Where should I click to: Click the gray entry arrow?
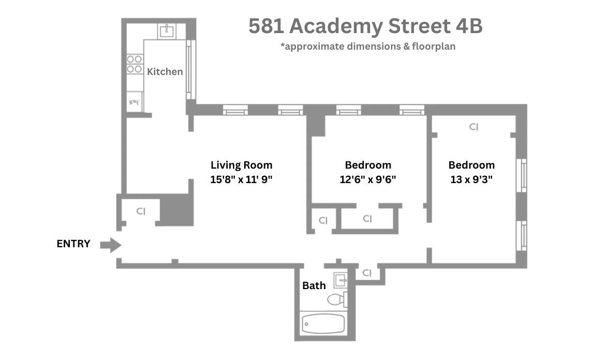pos(110,245)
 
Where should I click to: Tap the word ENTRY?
pos(73,244)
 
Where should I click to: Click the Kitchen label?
pos(165,72)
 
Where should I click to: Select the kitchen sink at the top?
pos(167,31)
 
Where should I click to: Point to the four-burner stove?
pos(135,64)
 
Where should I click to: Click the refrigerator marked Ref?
pos(135,102)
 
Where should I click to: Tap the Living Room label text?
pos(241,165)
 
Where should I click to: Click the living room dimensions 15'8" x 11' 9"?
pos(241,180)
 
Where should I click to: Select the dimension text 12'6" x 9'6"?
pos(368,180)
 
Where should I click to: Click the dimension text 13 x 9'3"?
pos(471,180)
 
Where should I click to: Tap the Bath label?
pos(314,286)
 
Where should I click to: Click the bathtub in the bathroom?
pos(323,324)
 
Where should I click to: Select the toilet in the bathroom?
pos(336,299)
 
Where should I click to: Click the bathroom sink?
pos(341,280)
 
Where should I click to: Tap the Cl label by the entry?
pos(141,211)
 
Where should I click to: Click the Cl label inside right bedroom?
pos(473,127)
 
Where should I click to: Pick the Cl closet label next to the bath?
pos(367,273)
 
